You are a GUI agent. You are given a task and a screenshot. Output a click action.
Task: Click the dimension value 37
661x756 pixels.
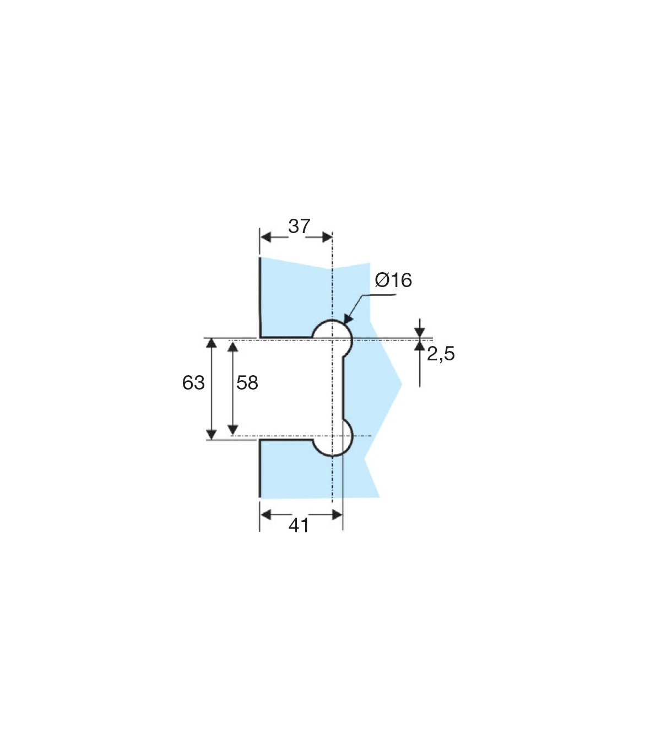(x=299, y=226)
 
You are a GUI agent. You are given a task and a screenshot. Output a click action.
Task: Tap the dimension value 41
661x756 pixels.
(x=299, y=525)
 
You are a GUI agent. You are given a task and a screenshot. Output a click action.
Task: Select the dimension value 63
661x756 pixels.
(x=193, y=383)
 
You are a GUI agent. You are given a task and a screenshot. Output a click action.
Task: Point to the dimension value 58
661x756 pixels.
(x=247, y=383)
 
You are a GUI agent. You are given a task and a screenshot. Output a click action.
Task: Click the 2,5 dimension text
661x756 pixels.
(x=441, y=354)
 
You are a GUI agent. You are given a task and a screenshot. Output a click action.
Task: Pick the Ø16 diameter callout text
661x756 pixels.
(x=393, y=280)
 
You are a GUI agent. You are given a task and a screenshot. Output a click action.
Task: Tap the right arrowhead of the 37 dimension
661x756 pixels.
(x=327, y=237)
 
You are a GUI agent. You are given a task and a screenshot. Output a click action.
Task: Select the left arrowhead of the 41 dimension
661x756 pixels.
(x=266, y=514)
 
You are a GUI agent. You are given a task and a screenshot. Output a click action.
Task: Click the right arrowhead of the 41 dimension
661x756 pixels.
(x=337, y=514)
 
